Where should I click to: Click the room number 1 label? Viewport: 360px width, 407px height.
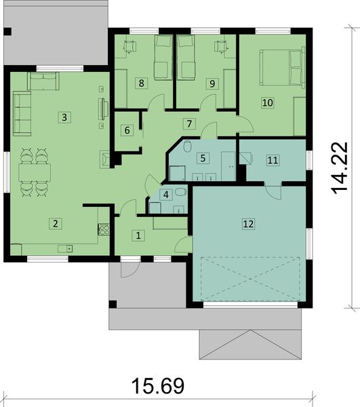click(138, 236)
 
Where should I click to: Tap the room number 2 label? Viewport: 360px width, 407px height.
click(57, 222)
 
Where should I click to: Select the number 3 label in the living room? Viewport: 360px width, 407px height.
click(64, 117)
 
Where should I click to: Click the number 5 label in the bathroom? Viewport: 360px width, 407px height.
click(201, 158)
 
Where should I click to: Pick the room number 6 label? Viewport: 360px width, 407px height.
click(126, 130)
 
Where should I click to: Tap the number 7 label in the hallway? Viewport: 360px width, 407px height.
click(190, 123)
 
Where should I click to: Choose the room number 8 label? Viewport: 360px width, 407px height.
click(142, 83)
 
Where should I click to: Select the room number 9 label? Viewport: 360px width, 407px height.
click(212, 83)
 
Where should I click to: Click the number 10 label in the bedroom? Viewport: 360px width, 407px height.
click(267, 102)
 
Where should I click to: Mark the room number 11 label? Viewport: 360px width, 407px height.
click(273, 160)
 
